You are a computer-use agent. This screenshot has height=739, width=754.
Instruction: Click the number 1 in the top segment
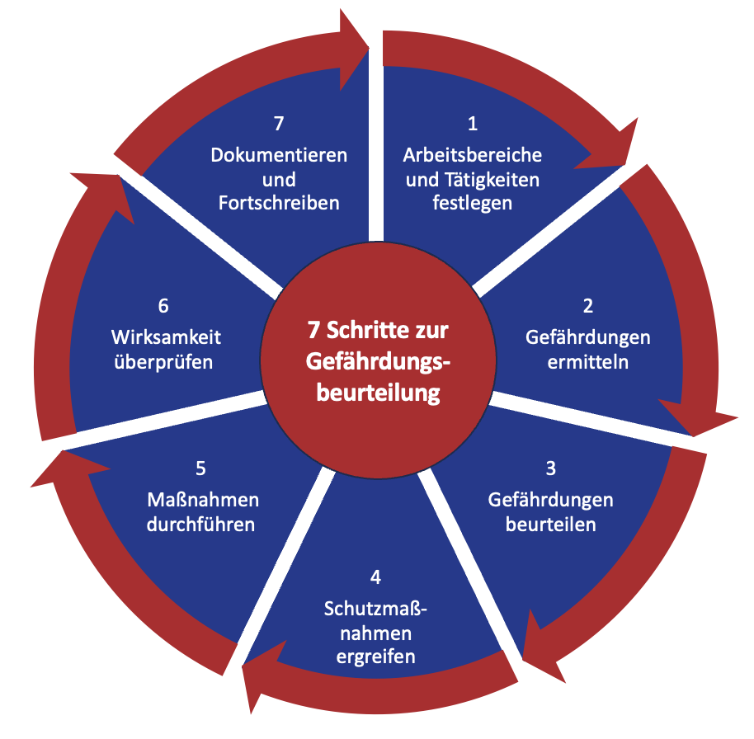[x=473, y=124]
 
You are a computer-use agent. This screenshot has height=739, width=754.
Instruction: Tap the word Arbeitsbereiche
[x=472, y=155]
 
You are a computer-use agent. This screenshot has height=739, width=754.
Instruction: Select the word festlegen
[x=472, y=203]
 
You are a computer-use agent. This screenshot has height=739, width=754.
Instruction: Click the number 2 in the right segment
[x=587, y=306]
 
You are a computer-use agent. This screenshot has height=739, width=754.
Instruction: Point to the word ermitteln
[x=587, y=362]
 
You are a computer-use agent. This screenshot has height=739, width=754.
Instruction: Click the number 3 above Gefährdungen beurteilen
[x=550, y=468]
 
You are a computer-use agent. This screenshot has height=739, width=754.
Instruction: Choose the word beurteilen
[x=550, y=525]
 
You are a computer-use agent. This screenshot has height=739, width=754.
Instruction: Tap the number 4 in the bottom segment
[x=375, y=577]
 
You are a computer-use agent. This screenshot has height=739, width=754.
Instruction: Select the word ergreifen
[x=375, y=657]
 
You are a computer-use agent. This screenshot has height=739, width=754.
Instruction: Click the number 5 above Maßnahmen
[x=201, y=468]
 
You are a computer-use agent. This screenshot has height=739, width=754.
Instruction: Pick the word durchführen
[x=201, y=525]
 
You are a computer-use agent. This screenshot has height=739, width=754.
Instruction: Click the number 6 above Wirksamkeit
[x=163, y=306]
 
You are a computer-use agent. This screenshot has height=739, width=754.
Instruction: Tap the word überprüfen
[x=163, y=363]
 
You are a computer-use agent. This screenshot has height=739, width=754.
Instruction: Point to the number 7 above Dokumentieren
[x=279, y=124]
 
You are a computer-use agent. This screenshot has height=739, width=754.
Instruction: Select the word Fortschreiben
[x=279, y=203]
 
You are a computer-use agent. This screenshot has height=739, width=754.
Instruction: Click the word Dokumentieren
[x=279, y=155]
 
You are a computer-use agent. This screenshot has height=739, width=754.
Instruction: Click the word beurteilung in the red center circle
[x=378, y=393]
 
